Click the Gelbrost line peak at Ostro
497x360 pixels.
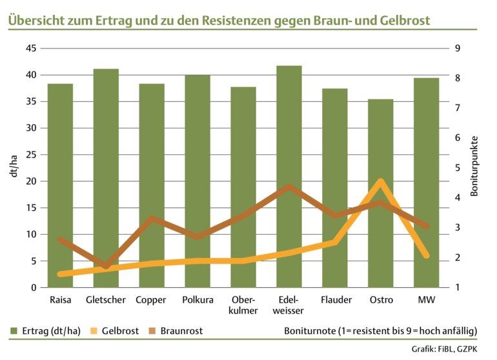(x=381, y=182)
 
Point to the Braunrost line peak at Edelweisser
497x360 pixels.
(x=289, y=187)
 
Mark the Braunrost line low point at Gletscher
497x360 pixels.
(x=107, y=266)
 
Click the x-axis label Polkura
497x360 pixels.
(x=197, y=300)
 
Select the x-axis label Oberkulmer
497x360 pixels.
(x=243, y=306)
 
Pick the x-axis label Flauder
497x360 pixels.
(x=335, y=300)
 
